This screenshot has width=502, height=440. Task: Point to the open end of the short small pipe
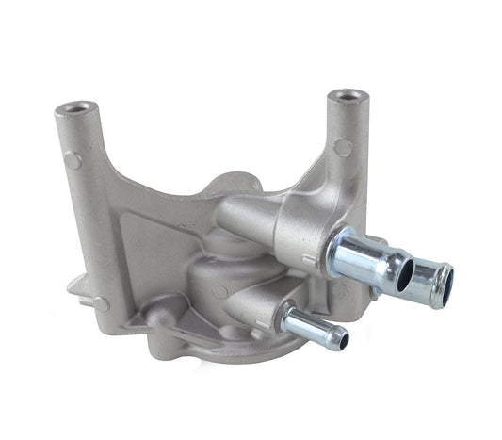point(342,339)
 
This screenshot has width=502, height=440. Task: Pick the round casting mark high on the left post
point(73,160)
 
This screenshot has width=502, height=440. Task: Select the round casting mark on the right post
point(344,147)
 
